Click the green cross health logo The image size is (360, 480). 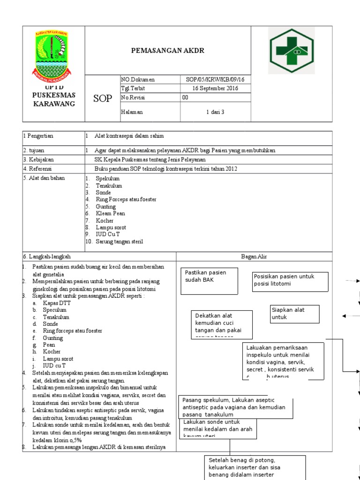pyautogui.click(x=292, y=50)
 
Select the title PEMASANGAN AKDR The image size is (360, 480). pyautogui.click(x=168, y=51)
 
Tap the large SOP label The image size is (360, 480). pyautogui.click(x=103, y=98)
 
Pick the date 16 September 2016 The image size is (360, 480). pyautogui.click(x=215, y=89)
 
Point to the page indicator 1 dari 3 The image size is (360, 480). pyautogui.click(x=215, y=112)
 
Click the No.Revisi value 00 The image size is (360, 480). pyautogui.click(x=185, y=98)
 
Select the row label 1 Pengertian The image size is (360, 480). pyautogui.click(x=38, y=136)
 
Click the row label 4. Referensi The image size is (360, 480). pyautogui.click(x=38, y=168)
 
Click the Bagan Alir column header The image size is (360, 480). pyautogui.click(x=254, y=256)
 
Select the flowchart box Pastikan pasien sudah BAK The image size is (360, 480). pyautogui.click(x=209, y=281)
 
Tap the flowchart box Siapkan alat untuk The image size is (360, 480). pyautogui.click(x=294, y=314)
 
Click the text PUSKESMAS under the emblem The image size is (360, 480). pyautogui.click(x=53, y=95)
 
